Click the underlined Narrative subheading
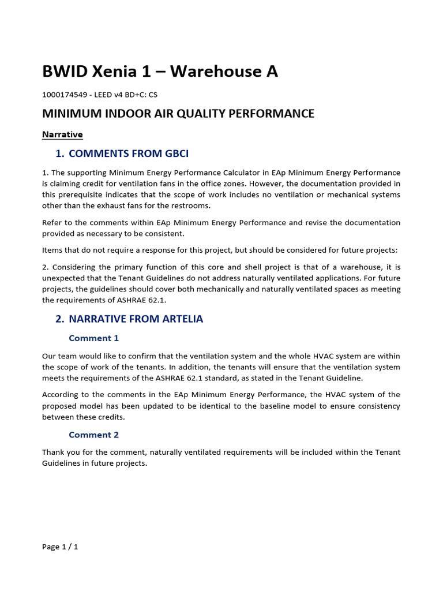(x=62, y=134)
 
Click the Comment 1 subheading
(x=93, y=338)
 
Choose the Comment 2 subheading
(x=93, y=435)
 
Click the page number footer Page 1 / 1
(x=60, y=547)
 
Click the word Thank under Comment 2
(x=54, y=452)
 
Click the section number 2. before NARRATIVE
(x=59, y=319)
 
